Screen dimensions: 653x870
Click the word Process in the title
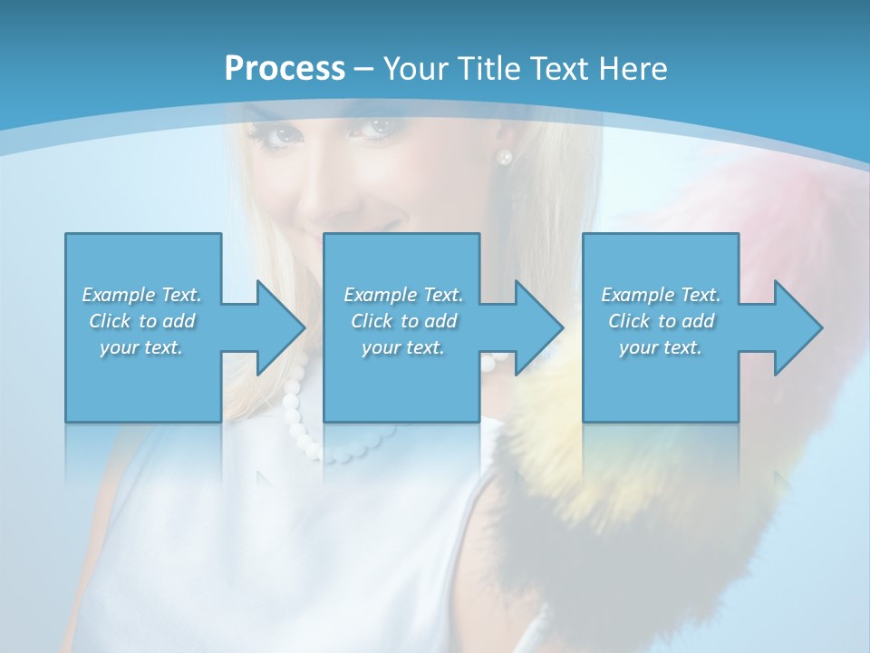coord(285,69)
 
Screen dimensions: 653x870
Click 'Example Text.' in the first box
coord(141,295)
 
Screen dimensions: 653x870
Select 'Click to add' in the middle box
coord(403,321)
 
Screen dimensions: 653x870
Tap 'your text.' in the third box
coord(660,347)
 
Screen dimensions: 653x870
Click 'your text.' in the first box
coord(141,347)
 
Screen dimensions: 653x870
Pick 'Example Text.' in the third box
coord(660,295)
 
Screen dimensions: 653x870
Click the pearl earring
coord(505,157)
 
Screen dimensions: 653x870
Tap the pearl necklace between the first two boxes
coord(295,399)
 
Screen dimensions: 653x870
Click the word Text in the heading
coord(552,69)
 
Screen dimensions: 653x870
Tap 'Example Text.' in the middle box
coord(403,295)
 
